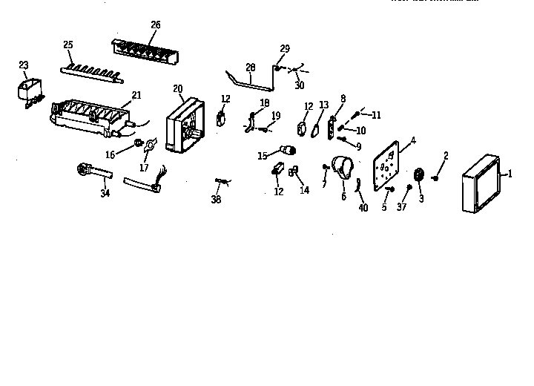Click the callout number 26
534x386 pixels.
(x=155, y=25)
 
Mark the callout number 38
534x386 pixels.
(x=216, y=199)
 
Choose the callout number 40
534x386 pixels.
(x=363, y=208)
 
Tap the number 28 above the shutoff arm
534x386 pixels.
(x=250, y=66)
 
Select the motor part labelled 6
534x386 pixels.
(x=340, y=169)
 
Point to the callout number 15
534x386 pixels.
(x=262, y=156)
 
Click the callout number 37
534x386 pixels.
(x=403, y=207)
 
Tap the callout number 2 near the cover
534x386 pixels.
(x=446, y=155)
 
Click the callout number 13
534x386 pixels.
(x=323, y=105)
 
